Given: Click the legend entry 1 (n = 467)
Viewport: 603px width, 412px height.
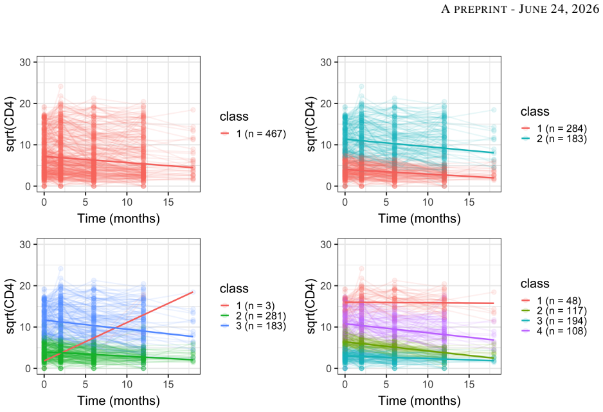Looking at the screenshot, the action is [x=253, y=134].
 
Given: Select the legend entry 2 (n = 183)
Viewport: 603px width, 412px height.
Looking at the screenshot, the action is [x=554, y=138].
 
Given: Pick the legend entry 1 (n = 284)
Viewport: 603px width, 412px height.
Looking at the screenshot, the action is [x=554, y=129].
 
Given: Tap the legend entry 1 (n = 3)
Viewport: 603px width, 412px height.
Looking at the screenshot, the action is [x=248, y=305].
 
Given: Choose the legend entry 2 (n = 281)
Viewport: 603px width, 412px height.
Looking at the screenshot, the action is [x=253, y=316].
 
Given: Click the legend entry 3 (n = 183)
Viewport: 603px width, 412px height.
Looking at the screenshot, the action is [x=253, y=326].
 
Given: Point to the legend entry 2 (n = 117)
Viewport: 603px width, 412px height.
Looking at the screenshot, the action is [x=554, y=310].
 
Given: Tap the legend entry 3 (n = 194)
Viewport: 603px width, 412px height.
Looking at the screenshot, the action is [x=554, y=321].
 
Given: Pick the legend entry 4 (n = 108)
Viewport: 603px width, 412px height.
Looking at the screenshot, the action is [x=554, y=331].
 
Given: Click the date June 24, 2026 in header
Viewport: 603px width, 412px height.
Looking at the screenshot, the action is [x=559, y=9].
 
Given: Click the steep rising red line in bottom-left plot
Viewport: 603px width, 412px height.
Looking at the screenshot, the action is [x=118, y=327].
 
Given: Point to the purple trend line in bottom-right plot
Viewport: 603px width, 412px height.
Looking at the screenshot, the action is [x=419, y=331].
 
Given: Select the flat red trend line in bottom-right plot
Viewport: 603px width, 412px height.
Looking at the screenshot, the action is [x=419, y=303].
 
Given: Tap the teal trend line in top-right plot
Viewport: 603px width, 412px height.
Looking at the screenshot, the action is [x=419, y=146].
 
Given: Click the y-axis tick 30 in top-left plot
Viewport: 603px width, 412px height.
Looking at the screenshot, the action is [x=25, y=62].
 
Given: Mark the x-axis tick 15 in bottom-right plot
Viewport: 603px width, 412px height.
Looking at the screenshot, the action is [x=469, y=384].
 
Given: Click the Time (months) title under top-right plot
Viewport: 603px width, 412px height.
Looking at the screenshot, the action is [x=420, y=219].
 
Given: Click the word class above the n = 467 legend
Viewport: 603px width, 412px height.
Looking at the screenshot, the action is [x=234, y=116].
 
